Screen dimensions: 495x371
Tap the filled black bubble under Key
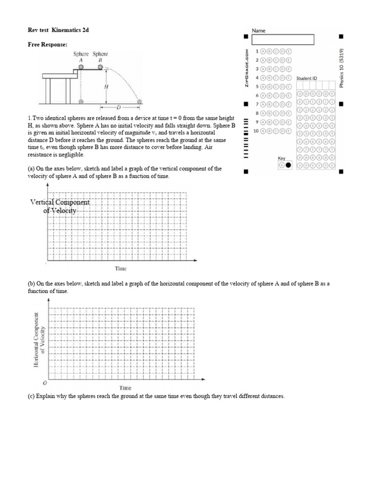288,165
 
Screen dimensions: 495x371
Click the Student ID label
307,78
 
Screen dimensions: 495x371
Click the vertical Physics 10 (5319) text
341,68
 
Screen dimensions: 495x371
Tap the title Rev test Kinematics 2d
58,30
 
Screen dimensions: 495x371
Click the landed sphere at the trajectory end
140,102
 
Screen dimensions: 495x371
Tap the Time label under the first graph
121,268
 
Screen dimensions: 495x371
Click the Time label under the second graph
125,388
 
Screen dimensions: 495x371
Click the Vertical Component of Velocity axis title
60,206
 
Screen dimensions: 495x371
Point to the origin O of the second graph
45,382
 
